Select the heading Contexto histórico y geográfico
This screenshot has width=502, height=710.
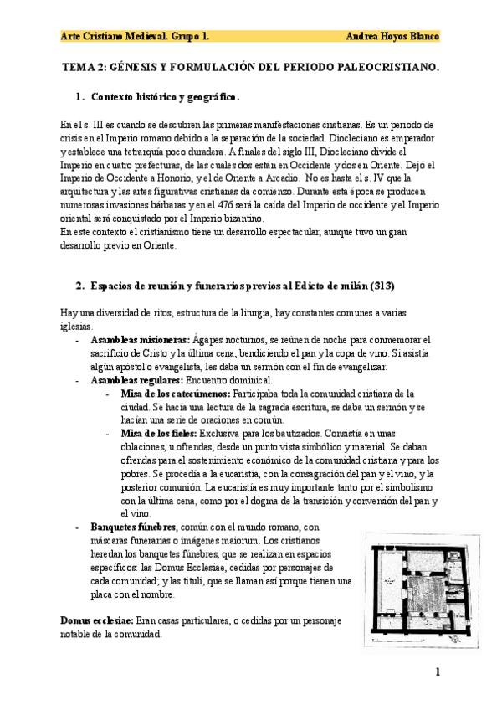165,96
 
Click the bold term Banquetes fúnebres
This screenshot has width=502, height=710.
133,527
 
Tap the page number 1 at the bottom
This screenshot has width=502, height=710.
437,671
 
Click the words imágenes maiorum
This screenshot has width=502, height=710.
238,540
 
